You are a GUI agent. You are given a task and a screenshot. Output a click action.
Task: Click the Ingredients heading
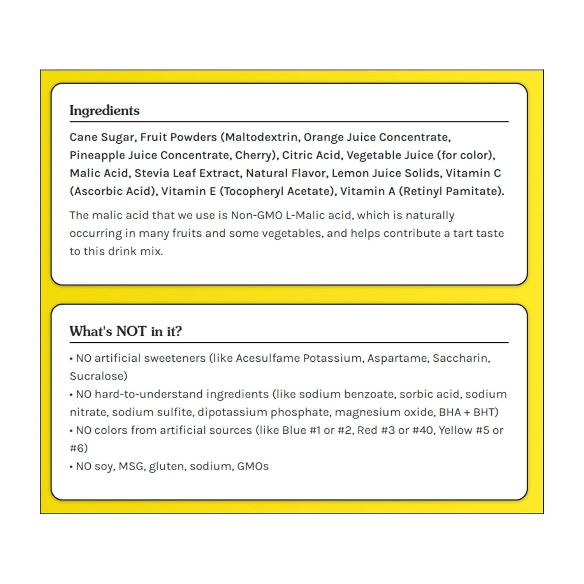coord(104,111)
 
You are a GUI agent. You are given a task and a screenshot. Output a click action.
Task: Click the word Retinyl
coord(422,192)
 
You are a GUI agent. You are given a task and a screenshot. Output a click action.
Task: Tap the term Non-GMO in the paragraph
coord(257,215)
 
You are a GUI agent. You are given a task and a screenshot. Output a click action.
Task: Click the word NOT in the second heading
coord(131,331)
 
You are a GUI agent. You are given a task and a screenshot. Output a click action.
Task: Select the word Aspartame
coord(397,358)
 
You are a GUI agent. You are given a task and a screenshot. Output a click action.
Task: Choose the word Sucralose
coord(99,376)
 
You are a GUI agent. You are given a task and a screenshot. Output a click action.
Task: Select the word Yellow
coord(456,430)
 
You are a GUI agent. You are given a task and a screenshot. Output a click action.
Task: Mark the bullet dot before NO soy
coord(71,467)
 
